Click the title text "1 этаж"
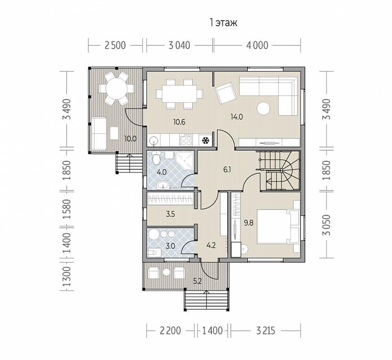click(223, 23)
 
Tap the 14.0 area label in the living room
click(237, 117)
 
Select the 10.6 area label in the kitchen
click(179, 122)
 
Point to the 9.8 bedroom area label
click(249, 223)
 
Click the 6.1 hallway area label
click(227, 170)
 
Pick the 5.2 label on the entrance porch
click(198, 281)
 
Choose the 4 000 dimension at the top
click(257, 46)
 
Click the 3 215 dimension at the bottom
click(266, 331)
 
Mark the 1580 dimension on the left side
click(67, 209)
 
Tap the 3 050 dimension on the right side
click(327, 225)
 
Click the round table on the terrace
click(117, 88)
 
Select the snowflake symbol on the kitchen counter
click(205, 140)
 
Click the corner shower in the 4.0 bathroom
click(185, 160)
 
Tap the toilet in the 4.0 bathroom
click(156, 157)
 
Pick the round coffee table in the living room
click(263, 108)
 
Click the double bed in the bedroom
click(278, 227)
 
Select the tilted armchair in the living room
click(225, 93)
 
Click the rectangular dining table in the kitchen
click(179, 94)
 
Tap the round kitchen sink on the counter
click(153, 141)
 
